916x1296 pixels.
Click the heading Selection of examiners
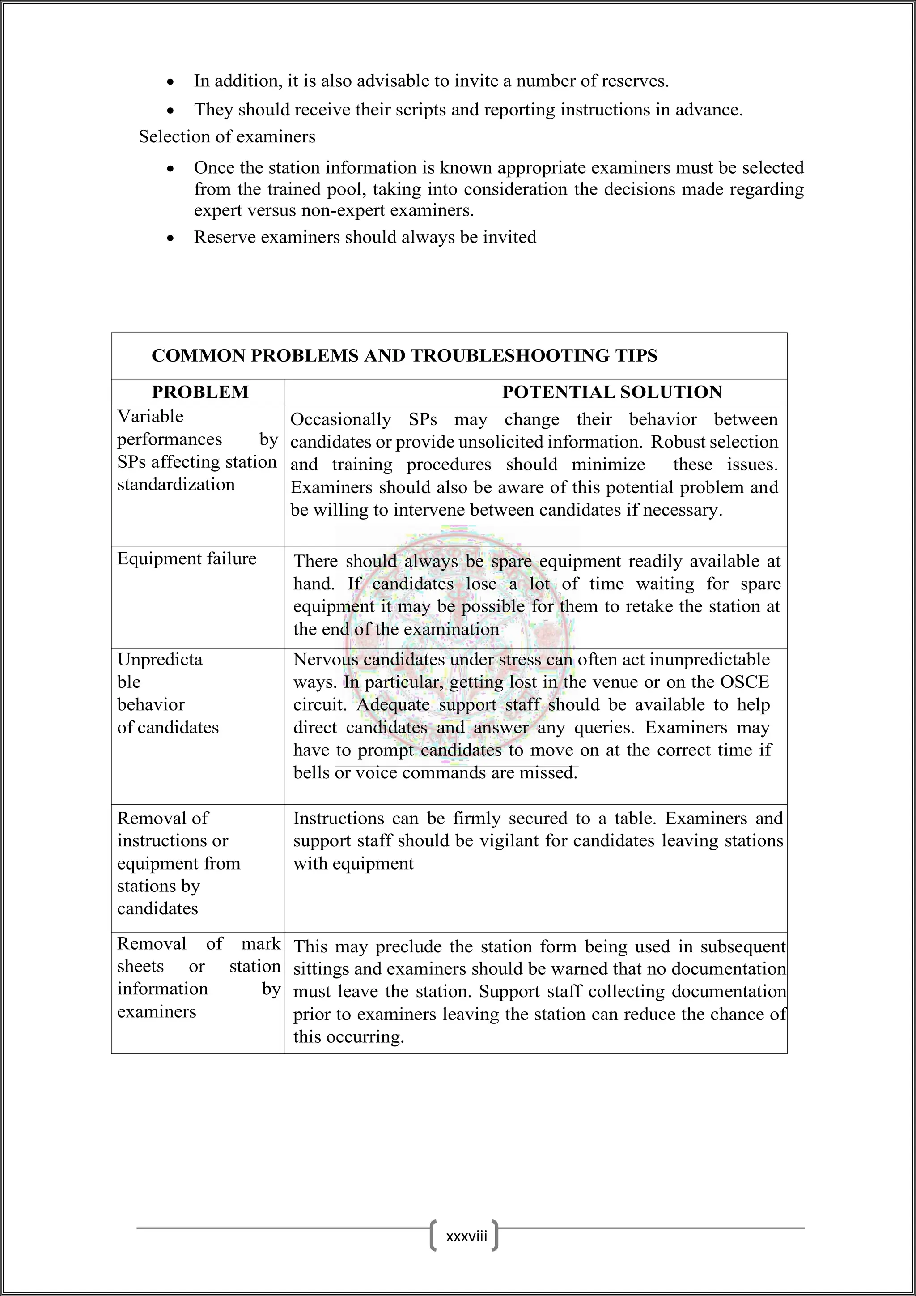(227, 136)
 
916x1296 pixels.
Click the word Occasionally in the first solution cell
(340, 419)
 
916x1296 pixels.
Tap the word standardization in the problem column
(176, 484)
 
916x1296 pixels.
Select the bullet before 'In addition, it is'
(170, 82)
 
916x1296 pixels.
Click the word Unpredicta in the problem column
(160, 660)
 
